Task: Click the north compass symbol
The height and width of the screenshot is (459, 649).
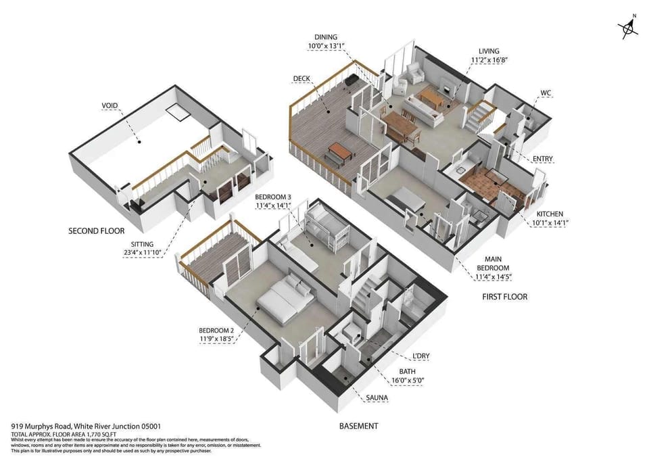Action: click(x=628, y=28)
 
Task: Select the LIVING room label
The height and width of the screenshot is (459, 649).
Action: click(x=488, y=51)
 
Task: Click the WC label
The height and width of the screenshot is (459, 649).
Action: click(x=546, y=93)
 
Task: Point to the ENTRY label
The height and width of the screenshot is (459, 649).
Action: click(x=542, y=159)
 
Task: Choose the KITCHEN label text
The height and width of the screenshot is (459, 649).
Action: click(x=548, y=214)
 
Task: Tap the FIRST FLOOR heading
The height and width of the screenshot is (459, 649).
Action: click(x=504, y=297)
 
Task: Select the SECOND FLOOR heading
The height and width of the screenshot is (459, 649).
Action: click(x=97, y=231)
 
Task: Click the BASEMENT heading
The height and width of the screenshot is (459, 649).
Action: click(x=358, y=426)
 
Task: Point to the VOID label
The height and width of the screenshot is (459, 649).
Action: click(x=110, y=105)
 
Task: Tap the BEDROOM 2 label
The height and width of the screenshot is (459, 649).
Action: click(x=215, y=330)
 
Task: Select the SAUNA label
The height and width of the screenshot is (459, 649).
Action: click(x=377, y=398)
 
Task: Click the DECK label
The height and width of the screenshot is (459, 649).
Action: click(x=302, y=78)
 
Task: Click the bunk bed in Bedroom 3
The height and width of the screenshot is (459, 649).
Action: click(x=327, y=228)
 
